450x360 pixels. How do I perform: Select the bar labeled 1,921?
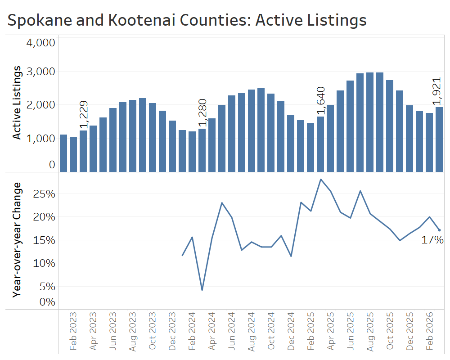coord(439,139)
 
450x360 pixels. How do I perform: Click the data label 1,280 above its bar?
coord(202,113)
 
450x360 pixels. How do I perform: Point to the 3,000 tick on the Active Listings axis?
coord(41,72)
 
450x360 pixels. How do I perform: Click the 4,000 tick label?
coord(41,43)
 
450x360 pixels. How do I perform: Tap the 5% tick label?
coord(48,286)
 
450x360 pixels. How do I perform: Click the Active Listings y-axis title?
coord(17,102)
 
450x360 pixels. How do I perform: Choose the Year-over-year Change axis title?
coord(17,239)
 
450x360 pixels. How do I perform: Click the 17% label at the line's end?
coord(432,240)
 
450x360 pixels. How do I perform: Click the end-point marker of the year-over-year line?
coord(439,230)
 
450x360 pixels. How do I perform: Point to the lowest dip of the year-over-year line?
coord(202,290)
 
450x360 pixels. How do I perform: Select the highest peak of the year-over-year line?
coord(320,179)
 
